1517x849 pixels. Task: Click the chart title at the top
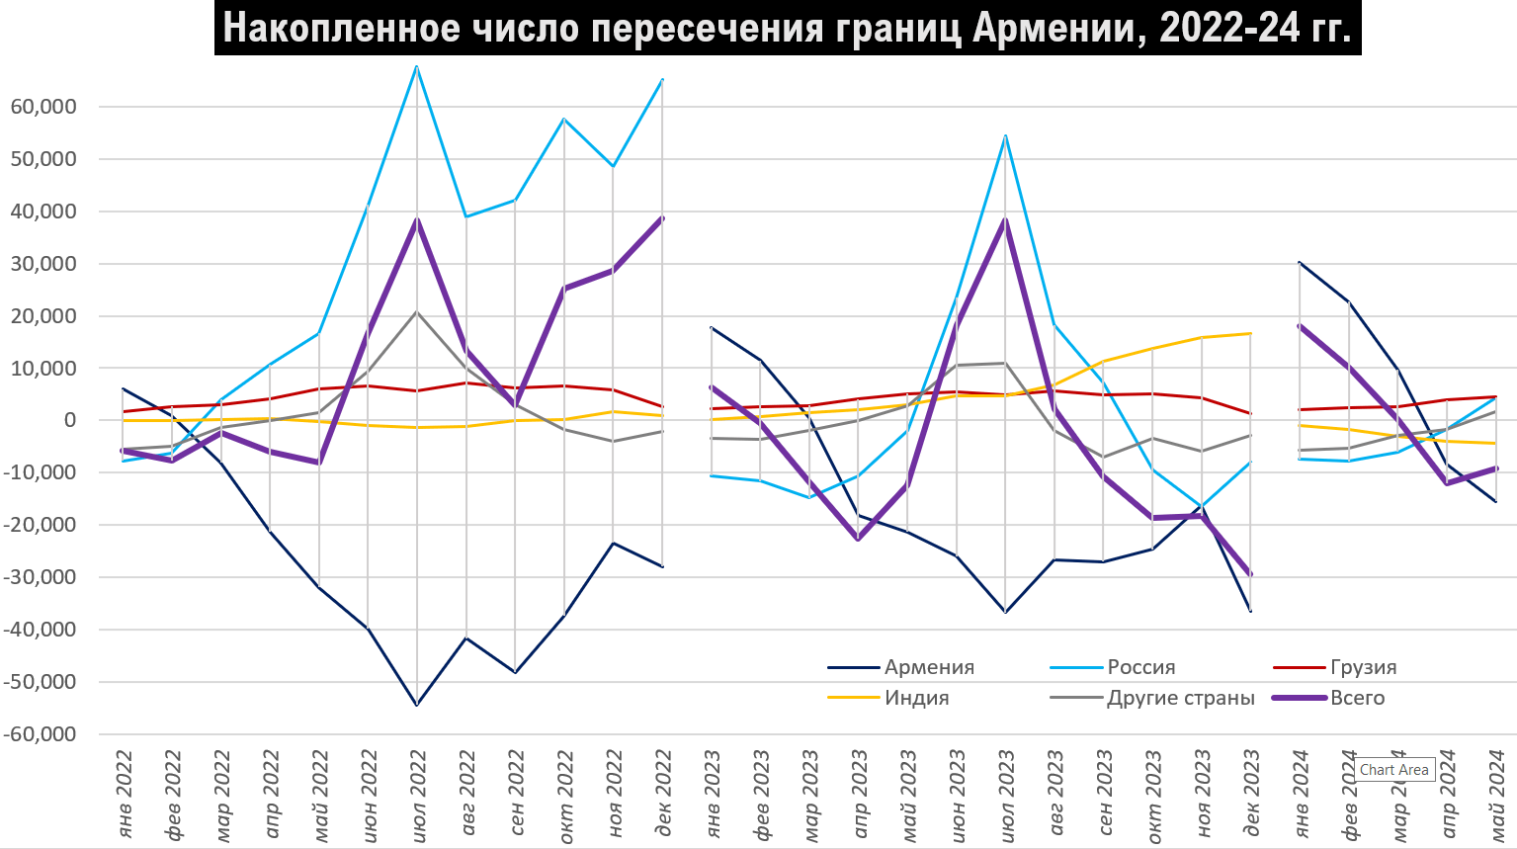pos(787,28)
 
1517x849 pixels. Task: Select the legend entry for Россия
pos(1140,667)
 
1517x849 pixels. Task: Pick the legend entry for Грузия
pos(1363,667)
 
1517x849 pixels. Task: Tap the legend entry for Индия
pos(916,698)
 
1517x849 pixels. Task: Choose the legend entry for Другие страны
pos(1180,698)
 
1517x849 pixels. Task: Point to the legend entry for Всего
pos(1357,698)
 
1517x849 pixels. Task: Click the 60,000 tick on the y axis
pos(43,107)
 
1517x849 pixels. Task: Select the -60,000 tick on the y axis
pos(41,734)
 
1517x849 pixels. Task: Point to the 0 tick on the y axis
pos(70,420)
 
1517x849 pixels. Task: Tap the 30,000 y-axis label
pos(43,264)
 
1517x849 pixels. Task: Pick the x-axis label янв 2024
pos(1301,791)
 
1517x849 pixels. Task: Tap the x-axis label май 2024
pos(1496,791)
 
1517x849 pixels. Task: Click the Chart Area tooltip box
pos(1393,770)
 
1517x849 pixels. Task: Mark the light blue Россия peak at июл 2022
pos(417,66)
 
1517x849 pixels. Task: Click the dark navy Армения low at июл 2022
pos(417,705)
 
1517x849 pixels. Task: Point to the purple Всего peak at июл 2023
pos(1006,220)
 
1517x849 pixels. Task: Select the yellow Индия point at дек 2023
pos(1251,333)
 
